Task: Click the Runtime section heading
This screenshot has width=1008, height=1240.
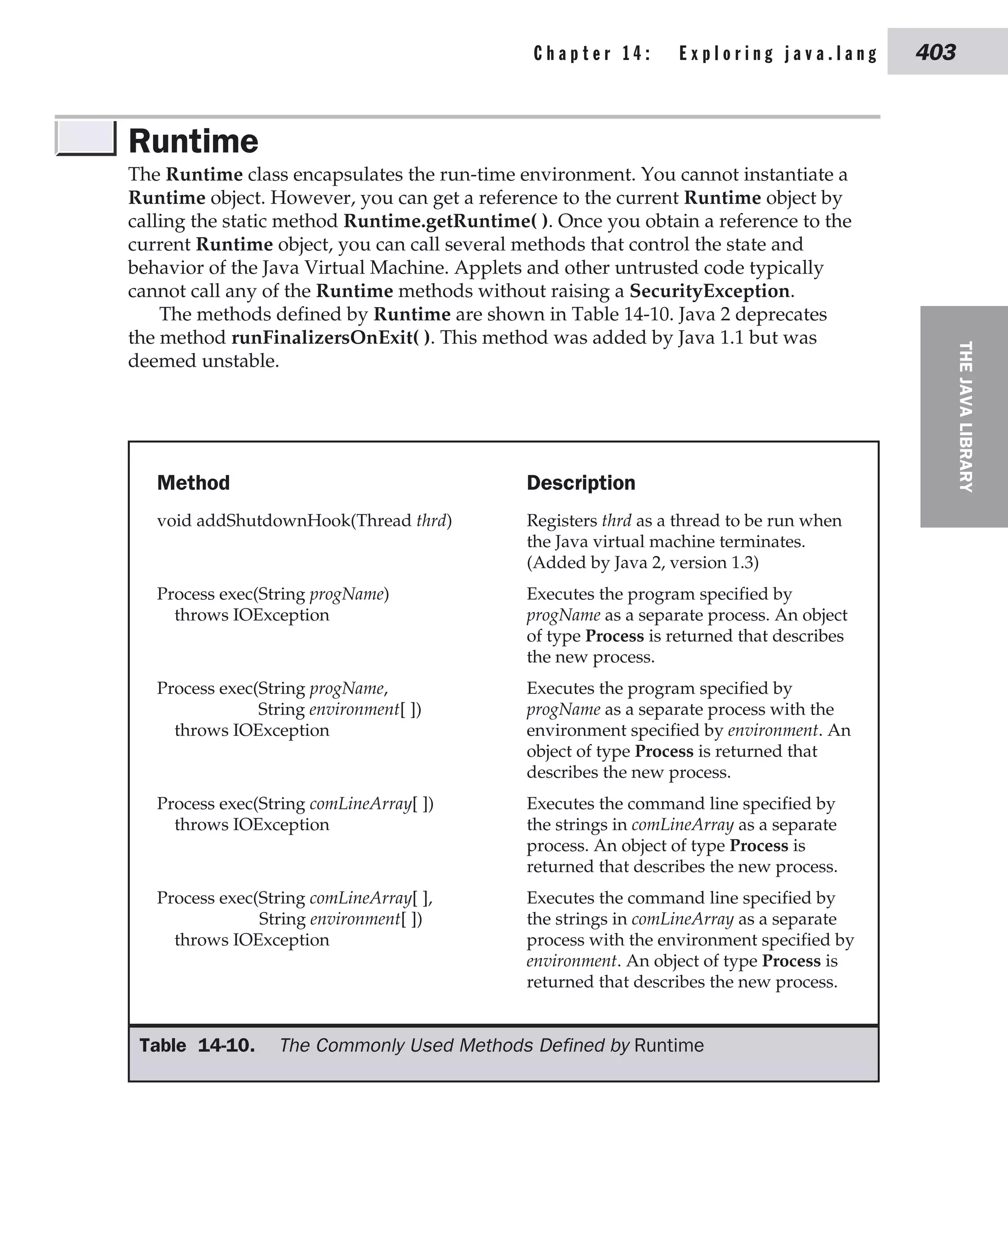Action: tap(193, 141)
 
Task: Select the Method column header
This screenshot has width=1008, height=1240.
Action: tap(193, 482)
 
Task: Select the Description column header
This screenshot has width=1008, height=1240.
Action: tap(581, 482)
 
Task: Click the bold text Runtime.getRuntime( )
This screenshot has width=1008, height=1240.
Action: tap(445, 221)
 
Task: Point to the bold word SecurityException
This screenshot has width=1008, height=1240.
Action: tap(709, 291)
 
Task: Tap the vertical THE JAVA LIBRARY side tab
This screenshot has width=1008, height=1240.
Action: tap(965, 416)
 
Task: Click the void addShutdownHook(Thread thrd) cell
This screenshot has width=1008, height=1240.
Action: tap(304, 520)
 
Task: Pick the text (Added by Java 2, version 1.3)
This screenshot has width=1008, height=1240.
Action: tap(642, 562)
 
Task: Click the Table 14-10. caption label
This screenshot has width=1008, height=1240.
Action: tap(197, 1045)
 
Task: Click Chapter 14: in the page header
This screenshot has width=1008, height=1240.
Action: tap(592, 54)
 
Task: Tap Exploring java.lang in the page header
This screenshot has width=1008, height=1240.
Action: tap(778, 54)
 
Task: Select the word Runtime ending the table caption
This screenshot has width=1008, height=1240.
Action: tap(668, 1045)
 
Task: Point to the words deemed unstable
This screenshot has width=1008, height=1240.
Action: tap(203, 361)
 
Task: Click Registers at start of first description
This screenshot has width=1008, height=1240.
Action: tap(562, 520)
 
